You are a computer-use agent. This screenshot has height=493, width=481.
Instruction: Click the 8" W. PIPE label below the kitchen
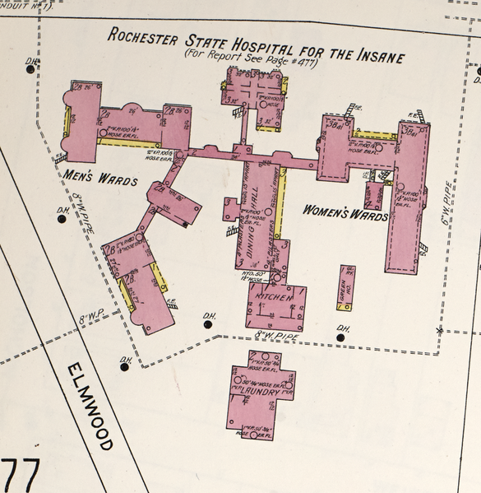click(273, 333)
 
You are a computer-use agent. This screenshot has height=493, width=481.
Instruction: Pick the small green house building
click(346, 286)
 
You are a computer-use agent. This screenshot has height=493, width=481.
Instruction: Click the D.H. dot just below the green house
click(340, 337)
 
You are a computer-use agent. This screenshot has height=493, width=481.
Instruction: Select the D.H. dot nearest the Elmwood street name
click(125, 366)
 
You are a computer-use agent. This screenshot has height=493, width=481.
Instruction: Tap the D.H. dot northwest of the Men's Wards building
click(31, 69)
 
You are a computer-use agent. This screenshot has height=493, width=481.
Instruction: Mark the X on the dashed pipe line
click(440, 331)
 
